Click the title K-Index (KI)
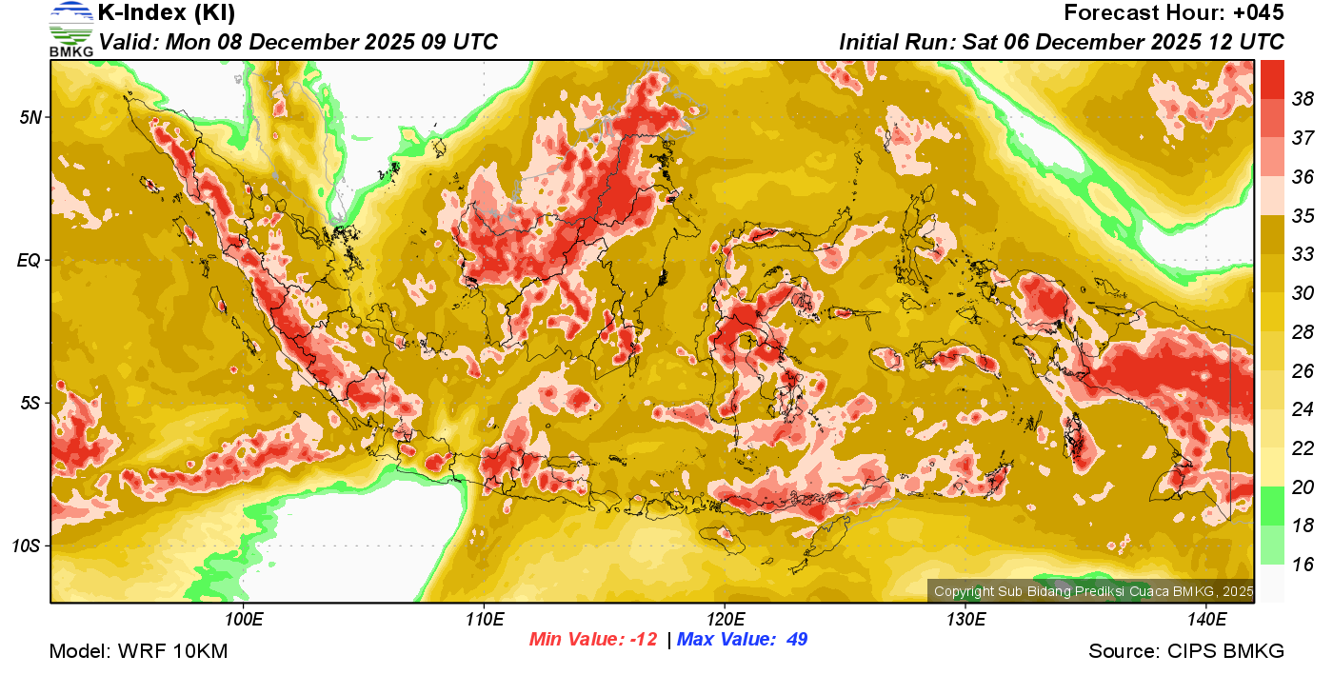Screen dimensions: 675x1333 [167, 13]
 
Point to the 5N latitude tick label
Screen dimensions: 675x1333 [30, 117]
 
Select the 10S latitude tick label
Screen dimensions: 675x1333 [26, 546]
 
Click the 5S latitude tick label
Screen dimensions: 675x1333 [30, 403]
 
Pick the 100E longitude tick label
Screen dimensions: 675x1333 [244, 620]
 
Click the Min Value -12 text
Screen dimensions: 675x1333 [593, 640]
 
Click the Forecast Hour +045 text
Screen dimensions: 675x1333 [1174, 13]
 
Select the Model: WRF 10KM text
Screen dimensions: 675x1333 [138, 651]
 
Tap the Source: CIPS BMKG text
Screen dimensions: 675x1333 [1186, 651]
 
